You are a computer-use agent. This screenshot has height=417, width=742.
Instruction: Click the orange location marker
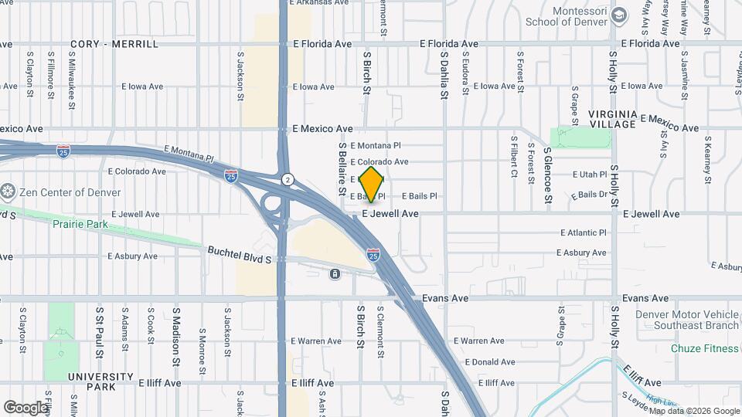372,184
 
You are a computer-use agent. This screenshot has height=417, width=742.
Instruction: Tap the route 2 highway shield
287,178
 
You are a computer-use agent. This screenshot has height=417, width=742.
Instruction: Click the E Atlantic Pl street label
584,232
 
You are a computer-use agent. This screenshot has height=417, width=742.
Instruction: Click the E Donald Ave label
490,362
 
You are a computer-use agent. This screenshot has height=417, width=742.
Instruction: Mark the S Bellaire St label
340,168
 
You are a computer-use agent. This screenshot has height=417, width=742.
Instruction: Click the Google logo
26,407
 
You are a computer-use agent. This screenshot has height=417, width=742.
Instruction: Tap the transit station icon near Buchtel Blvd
335,275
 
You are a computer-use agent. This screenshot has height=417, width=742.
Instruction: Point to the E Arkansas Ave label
319,2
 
